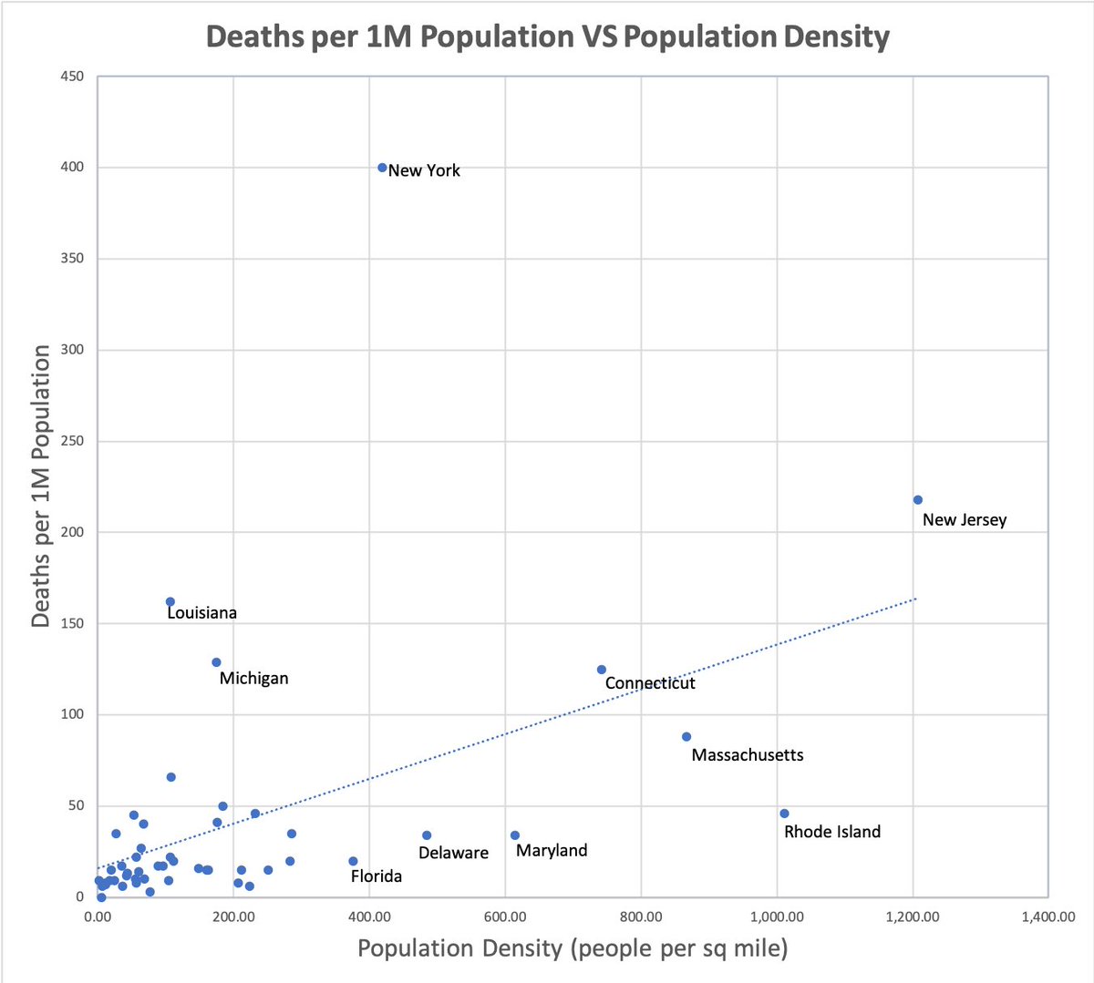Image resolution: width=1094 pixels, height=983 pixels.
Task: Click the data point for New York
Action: pyautogui.click(x=382, y=168)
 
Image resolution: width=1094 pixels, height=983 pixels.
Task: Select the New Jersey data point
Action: pyautogui.click(x=917, y=500)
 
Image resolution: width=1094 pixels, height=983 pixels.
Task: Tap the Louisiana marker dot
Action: pyautogui.click(x=170, y=602)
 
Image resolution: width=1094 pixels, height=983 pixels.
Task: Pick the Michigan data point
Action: pyautogui.click(x=216, y=662)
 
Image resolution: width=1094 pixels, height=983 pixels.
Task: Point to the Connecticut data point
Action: pyautogui.click(x=602, y=670)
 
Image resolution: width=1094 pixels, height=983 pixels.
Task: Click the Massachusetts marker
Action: pyautogui.click(x=686, y=737)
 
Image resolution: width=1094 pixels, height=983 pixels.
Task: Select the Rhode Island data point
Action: pyautogui.click(x=784, y=814)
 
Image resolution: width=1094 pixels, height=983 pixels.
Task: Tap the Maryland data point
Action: pyautogui.click(x=515, y=835)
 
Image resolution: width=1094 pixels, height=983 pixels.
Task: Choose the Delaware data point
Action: pyautogui.click(x=427, y=835)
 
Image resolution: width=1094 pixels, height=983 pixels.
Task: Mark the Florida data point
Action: pyautogui.click(x=353, y=861)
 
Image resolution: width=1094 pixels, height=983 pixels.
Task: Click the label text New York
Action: pyautogui.click(x=424, y=170)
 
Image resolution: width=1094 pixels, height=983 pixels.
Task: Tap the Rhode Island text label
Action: pyautogui.click(x=832, y=832)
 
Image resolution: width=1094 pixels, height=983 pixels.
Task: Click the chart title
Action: pyautogui.click(x=547, y=36)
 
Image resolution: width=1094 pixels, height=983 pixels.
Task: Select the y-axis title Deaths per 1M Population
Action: pyautogui.click(x=41, y=486)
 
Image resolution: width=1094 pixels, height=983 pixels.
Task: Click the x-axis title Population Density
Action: pyautogui.click(x=573, y=948)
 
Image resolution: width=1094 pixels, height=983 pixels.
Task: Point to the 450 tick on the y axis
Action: pyautogui.click(x=72, y=77)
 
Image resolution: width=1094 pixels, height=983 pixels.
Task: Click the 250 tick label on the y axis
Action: pyautogui.click(x=72, y=441)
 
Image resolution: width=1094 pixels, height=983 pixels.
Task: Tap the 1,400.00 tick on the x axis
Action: pyautogui.click(x=1048, y=917)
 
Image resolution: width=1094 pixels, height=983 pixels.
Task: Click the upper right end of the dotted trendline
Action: pyautogui.click(x=914, y=599)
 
